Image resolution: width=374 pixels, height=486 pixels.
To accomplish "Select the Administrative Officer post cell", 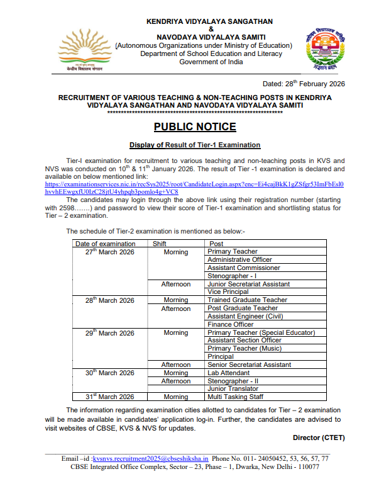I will coord(239,260).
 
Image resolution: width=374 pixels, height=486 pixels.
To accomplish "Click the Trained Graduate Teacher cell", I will coord(247,300).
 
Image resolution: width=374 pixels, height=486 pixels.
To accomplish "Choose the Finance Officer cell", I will coord(232,325).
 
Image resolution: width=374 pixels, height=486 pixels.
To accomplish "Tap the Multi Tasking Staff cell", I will coord(236,397).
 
